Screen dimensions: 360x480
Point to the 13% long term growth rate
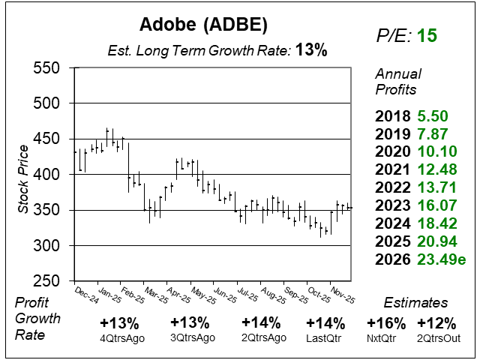(311, 50)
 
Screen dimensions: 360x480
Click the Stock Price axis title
(23, 175)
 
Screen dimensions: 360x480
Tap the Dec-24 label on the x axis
(87, 293)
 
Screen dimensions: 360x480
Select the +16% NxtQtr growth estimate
(385, 323)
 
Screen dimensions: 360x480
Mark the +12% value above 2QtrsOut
(433, 323)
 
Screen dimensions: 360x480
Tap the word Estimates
(415, 303)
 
